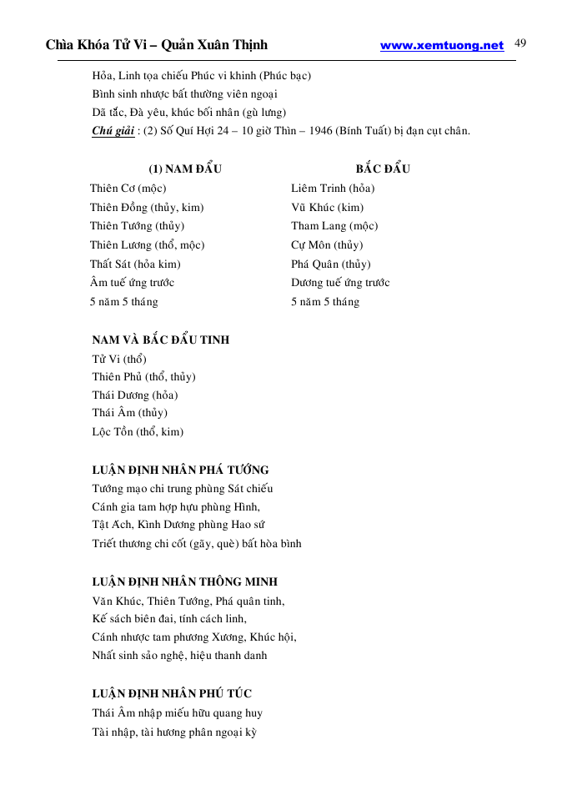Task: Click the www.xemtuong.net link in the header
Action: pyautogui.click(x=442, y=46)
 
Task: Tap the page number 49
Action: pyautogui.click(x=521, y=43)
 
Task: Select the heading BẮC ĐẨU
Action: pyautogui.click(x=377, y=169)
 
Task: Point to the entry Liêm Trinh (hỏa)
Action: pyautogui.click(x=333, y=189)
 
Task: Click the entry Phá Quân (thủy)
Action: pyautogui.click(x=331, y=264)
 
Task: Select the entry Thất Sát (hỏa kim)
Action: pyautogui.click(x=135, y=264)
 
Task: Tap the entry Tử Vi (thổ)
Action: pyautogui.click(x=119, y=359)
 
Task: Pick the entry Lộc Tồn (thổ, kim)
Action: pyautogui.click(x=138, y=432)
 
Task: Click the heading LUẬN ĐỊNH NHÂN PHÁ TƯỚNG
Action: pyautogui.click(x=180, y=470)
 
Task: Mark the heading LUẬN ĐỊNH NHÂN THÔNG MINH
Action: pyautogui.click(x=185, y=581)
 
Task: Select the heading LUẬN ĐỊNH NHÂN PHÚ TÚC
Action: pyautogui.click(x=172, y=693)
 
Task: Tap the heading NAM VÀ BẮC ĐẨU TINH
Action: pyautogui.click(x=161, y=340)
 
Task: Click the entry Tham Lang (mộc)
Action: pyautogui.click(x=334, y=226)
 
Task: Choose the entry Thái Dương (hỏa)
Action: pyautogui.click(x=135, y=395)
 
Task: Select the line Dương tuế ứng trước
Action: pyautogui.click(x=340, y=283)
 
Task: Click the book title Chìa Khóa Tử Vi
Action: pyautogui.click(x=99, y=45)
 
